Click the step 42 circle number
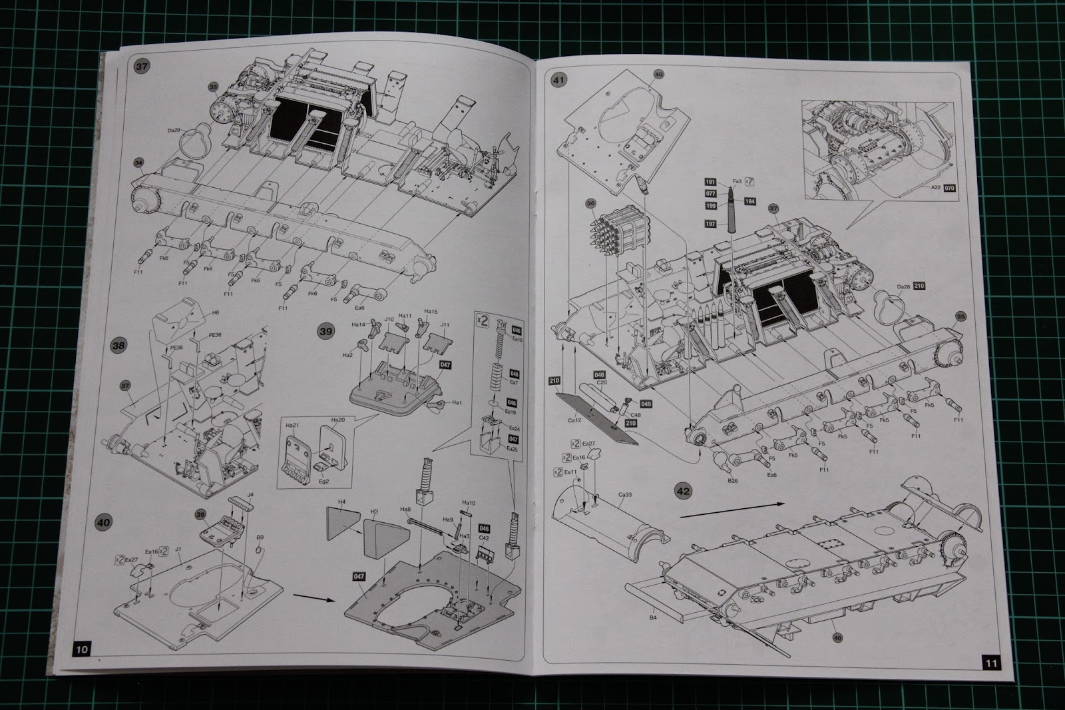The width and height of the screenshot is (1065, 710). pyautogui.click(x=684, y=491)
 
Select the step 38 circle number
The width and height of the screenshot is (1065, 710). pyautogui.click(x=118, y=346)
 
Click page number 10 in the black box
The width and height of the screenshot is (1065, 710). pyautogui.click(x=82, y=649)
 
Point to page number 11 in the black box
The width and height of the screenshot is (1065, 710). pyautogui.click(x=990, y=662)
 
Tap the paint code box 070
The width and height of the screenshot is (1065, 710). pyautogui.click(x=950, y=188)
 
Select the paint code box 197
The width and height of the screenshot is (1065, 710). pyautogui.click(x=710, y=224)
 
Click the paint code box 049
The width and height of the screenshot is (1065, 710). pyautogui.click(x=644, y=404)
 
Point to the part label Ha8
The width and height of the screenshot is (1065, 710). pyautogui.click(x=404, y=509)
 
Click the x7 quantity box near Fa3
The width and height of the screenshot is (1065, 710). pyautogui.click(x=749, y=180)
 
